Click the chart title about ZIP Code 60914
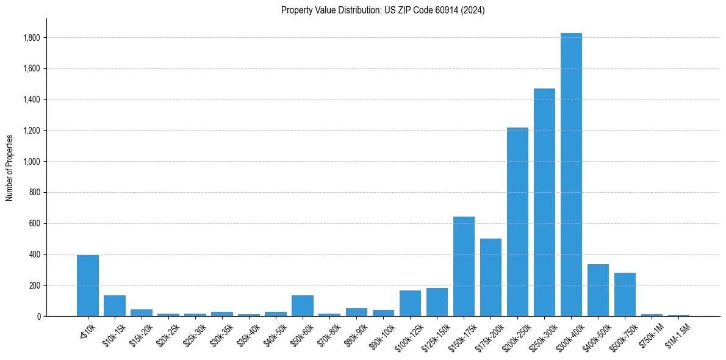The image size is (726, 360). (383, 10)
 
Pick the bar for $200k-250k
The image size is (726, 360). (517, 222)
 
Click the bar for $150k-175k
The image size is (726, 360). (464, 267)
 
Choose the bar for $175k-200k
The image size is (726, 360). (491, 278)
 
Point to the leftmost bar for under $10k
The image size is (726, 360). (88, 286)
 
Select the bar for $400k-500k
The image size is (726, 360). (598, 290)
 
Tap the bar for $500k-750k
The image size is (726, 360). (625, 295)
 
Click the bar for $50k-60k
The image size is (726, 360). (303, 306)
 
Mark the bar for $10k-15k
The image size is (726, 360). (115, 306)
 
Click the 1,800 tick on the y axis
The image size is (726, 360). (32, 38)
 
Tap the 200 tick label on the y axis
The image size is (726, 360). (34, 286)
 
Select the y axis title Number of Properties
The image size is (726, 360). (10, 167)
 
